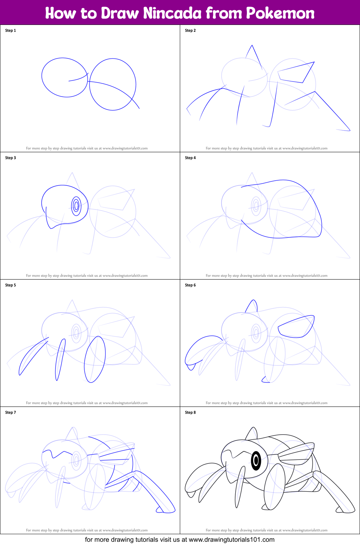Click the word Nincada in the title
172,13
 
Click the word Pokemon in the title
280,13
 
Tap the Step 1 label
10,31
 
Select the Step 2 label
190,31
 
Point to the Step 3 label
10,158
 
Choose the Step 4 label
190,158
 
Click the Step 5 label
10,285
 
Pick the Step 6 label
190,285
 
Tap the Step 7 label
10,413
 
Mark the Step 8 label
190,413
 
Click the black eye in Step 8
256,461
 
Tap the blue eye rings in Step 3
76,206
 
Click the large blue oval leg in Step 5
95,359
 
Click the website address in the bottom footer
231,540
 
